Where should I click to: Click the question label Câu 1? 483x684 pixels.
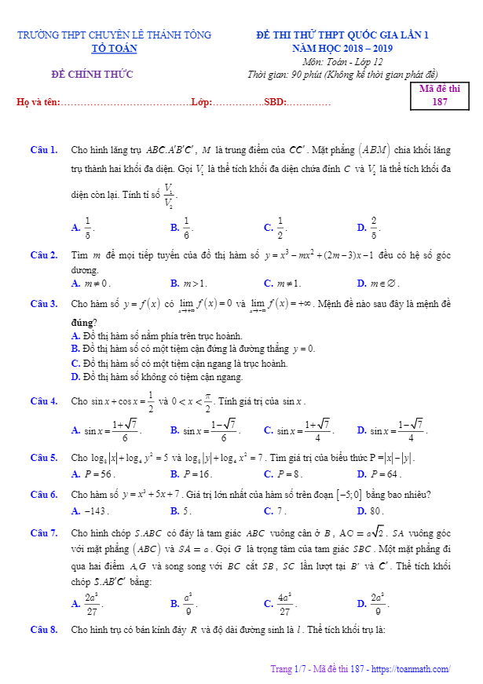coord(44,149)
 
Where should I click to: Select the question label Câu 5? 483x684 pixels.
coord(44,458)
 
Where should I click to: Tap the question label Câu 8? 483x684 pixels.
coord(44,630)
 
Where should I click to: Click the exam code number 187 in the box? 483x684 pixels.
coord(440,102)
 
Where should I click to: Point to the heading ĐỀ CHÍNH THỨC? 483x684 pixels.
coord(93,75)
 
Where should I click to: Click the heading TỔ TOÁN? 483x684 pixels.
coord(114,49)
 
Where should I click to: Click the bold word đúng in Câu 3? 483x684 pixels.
coord(84,323)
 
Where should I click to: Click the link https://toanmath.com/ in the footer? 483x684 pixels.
coord(412,669)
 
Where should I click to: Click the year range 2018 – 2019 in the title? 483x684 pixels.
coord(372,49)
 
